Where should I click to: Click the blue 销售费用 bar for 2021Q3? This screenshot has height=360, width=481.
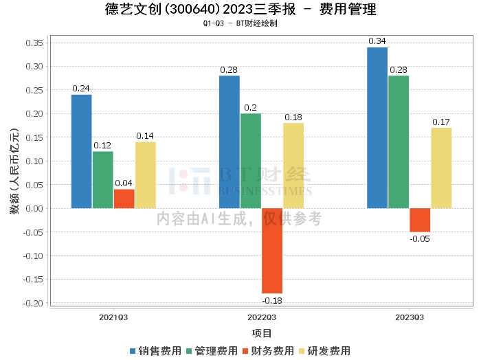tap(82, 151)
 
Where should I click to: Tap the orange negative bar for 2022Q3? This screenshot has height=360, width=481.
tap(272, 251)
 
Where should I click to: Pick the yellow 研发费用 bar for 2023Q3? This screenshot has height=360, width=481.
tap(441, 168)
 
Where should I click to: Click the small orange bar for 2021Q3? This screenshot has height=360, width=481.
tap(124, 199)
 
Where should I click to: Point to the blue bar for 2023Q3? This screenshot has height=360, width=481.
tap(377, 128)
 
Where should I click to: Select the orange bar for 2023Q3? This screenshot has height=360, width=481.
tap(420, 220)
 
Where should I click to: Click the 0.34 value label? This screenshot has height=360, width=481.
tap(377, 41)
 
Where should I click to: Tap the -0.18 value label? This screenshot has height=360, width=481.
tap(272, 300)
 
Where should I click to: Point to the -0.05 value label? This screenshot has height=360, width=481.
tap(420, 238)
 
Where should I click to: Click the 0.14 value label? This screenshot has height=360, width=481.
tap(146, 136)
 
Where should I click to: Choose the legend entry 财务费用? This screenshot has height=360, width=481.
tap(269, 351)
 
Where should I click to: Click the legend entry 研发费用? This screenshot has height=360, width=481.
tap(325, 351)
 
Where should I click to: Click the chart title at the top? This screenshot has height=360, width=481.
tap(241, 9)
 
